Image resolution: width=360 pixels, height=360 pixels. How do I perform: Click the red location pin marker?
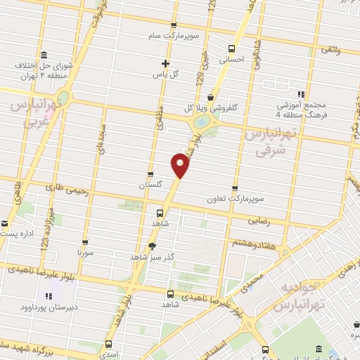[x=180, y=165]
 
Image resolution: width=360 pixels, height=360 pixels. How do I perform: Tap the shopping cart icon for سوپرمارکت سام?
[x=213, y=32]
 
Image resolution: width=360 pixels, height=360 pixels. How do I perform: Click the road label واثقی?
[x=330, y=50]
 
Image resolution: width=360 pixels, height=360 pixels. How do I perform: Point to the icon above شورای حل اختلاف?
[x=44, y=56]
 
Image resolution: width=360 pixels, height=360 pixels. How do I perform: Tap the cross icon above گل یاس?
[x=165, y=63]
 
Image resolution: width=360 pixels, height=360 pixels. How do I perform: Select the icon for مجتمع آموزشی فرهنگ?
[x=300, y=94]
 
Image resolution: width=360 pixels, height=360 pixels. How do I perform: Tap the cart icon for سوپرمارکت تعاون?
[x=235, y=188]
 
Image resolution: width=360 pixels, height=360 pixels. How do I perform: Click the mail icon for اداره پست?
[x=5, y=226]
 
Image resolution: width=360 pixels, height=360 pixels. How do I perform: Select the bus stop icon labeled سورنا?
[x=84, y=241]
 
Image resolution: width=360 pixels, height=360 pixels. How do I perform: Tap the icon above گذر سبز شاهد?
[x=153, y=245]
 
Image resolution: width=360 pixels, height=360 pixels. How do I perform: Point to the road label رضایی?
[x=258, y=219]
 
